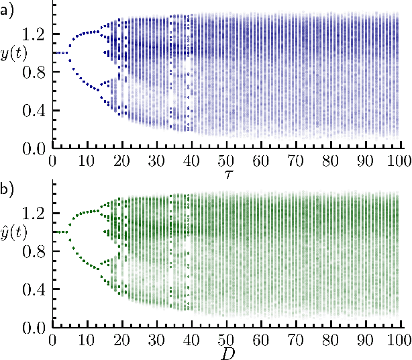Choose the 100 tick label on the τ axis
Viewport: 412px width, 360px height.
(x=400, y=162)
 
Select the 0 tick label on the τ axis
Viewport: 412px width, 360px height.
(x=53, y=162)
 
